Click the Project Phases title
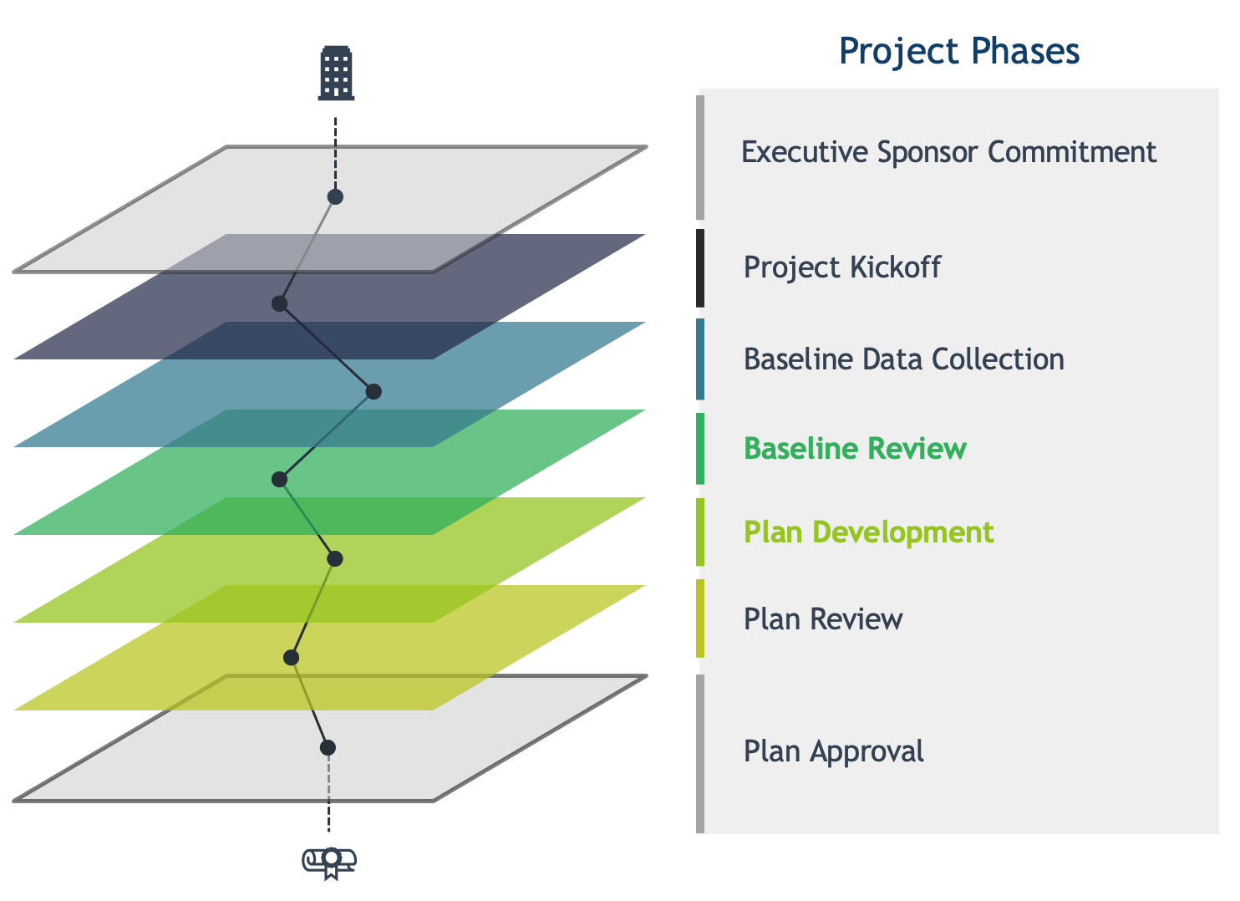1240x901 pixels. [x=958, y=51]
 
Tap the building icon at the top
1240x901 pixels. [x=336, y=73]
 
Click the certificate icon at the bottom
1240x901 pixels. [x=329, y=863]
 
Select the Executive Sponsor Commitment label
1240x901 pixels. [x=949, y=152]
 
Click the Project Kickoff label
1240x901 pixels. [x=842, y=267]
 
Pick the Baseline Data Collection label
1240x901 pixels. [x=904, y=359]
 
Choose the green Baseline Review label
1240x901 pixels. [x=856, y=449]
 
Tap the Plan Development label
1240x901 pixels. [x=868, y=533]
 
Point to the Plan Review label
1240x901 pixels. [x=823, y=619]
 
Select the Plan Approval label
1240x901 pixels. [x=834, y=752]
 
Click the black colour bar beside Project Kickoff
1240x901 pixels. [x=700, y=268]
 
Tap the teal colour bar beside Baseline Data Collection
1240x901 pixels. [x=700, y=359]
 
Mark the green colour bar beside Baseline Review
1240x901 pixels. [x=700, y=449]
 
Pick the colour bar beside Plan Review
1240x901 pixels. [x=700, y=618]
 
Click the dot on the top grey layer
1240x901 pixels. [x=335, y=197]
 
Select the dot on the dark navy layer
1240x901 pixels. [x=280, y=303]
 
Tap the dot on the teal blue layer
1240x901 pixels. [x=374, y=392]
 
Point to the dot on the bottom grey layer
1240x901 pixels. [x=328, y=748]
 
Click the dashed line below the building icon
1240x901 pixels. [x=335, y=154]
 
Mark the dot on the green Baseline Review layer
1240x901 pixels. [x=280, y=480]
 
